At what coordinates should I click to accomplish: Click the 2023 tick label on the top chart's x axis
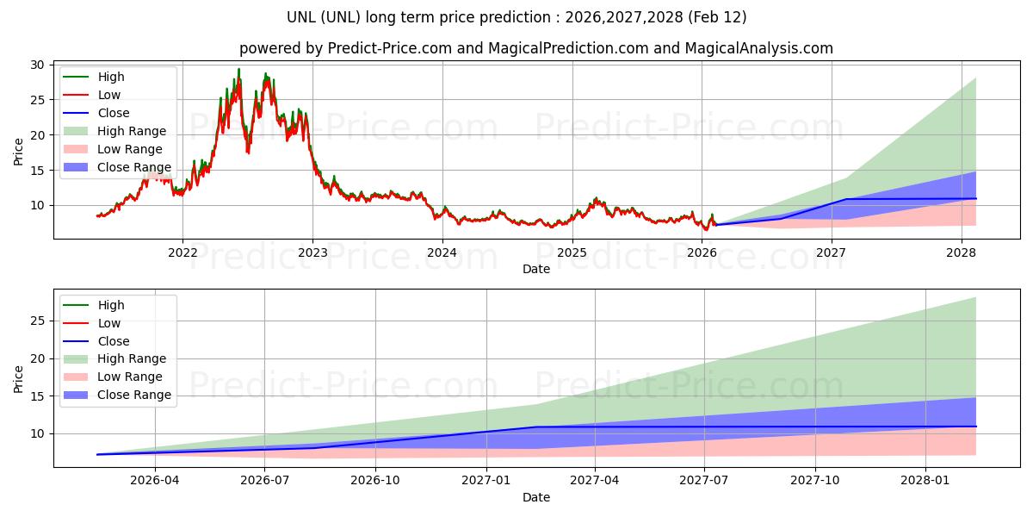click(x=312, y=252)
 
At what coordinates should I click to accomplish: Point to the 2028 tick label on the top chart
click(x=962, y=252)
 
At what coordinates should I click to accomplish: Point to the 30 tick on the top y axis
click(x=37, y=65)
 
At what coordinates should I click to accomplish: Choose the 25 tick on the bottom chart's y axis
click(x=37, y=321)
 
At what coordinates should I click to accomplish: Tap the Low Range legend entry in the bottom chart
click(x=130, y=377)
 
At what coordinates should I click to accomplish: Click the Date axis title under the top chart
click(x=535, y=269)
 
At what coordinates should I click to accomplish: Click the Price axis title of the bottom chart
click(x=19, y=378)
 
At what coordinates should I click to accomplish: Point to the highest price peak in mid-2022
click(x=238, y=70)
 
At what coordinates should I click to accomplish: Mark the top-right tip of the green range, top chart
click(x=975, y=78)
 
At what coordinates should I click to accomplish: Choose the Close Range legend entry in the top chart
click(x=134, y=167)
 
